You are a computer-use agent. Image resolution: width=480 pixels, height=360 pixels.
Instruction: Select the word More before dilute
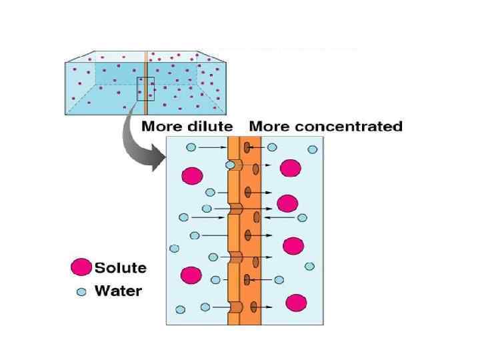(160, 126)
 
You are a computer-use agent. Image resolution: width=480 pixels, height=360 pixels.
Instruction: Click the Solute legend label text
(120, 268)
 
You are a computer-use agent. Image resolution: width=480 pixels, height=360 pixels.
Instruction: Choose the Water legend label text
(118, 291)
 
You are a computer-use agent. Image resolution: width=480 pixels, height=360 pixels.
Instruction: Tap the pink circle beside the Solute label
(81, 268)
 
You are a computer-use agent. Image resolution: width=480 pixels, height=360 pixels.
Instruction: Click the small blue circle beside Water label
(81, 291)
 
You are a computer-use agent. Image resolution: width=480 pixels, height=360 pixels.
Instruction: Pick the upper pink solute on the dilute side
(192, 175)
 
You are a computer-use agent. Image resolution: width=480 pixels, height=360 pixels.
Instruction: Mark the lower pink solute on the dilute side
(191, 275)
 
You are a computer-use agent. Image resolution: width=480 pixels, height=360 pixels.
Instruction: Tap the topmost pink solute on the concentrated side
(291, 168)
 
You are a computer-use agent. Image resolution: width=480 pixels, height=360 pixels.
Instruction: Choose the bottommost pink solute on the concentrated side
(295, 303)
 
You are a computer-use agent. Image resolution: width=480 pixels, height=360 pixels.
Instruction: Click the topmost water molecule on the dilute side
(191, 147)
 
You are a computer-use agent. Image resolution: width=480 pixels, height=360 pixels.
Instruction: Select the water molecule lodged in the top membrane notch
(230, 164)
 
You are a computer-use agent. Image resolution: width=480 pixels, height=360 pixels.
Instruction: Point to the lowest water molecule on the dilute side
(181, 309)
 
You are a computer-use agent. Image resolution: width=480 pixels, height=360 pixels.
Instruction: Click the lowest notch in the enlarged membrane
(235, 307)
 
